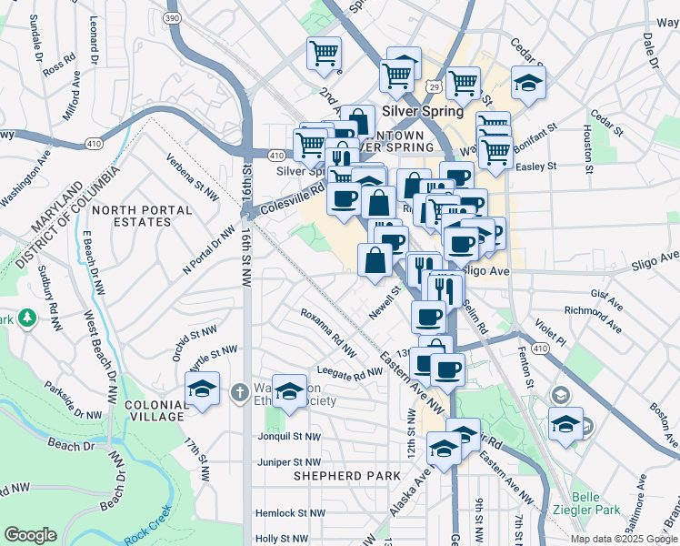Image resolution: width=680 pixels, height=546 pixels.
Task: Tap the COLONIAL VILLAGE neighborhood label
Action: pos(149,409)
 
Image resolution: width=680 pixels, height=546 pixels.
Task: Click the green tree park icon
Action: pos(27,318)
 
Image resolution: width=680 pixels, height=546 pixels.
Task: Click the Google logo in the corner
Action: pos(30,535)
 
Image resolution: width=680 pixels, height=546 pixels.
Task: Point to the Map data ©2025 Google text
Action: pos(624,539)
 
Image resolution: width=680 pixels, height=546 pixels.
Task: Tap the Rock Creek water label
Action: pos(147,530)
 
